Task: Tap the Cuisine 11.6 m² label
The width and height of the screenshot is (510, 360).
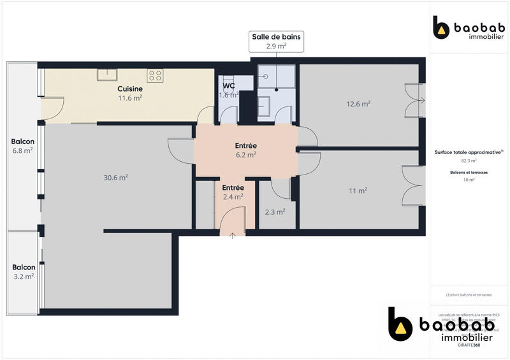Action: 129,94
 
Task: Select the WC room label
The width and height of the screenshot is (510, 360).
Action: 229,90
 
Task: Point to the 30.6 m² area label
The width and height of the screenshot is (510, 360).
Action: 116,177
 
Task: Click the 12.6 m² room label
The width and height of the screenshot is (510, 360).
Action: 358,103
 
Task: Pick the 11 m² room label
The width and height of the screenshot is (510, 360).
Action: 358,191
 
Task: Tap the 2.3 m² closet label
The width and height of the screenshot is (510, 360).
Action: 275,212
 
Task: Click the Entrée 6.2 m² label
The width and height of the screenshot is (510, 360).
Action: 245,150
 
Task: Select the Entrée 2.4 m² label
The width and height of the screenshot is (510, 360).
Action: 233,192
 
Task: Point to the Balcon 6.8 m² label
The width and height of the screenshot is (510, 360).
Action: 22,146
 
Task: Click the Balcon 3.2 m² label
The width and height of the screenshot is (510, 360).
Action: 22,272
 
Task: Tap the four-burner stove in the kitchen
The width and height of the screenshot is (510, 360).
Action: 156,75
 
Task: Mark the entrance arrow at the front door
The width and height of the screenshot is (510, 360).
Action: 233,236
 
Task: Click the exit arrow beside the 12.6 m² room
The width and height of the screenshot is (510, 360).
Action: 423,99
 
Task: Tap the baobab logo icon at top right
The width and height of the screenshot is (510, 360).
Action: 441,27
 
